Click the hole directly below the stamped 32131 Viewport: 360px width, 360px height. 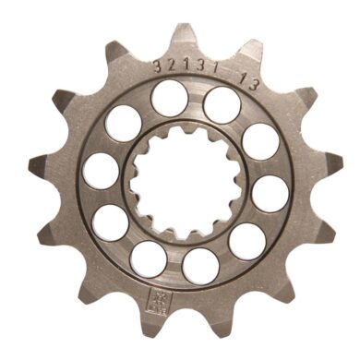pyautogui.click(x=169, y=97)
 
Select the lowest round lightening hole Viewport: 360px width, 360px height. pyautogui.click(x=200, y=266)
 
